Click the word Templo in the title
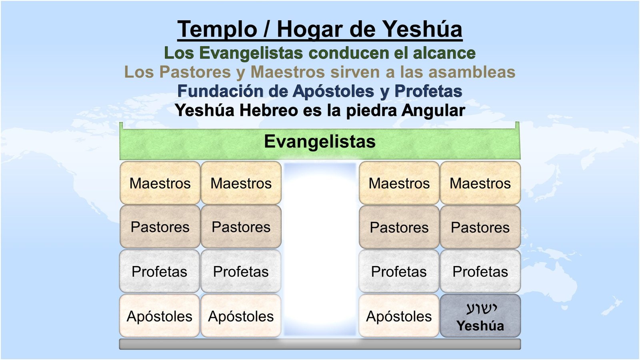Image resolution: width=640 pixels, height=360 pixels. tap(217, 30)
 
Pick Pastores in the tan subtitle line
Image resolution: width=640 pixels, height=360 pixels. tap(195, 72)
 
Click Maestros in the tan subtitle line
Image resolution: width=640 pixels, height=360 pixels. tap(288, 72)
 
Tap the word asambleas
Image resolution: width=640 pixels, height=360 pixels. tap(472, 72)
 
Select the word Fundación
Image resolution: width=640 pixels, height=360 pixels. tap(216, 91)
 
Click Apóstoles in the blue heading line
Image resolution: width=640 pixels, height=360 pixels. tap(334, 92)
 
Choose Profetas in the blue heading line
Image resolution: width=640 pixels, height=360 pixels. tap(428, 91)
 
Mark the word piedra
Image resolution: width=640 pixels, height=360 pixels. tap(371, 111)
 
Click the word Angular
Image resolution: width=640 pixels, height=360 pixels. tap(433, 111)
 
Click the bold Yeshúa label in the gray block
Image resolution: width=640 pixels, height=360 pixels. tap(480, 326)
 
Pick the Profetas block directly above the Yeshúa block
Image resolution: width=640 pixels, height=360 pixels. tap(480, 272)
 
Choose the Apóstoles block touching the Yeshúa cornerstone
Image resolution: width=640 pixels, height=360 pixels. tap(399, 316)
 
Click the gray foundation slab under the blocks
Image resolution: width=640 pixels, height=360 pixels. tap(320, 344)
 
